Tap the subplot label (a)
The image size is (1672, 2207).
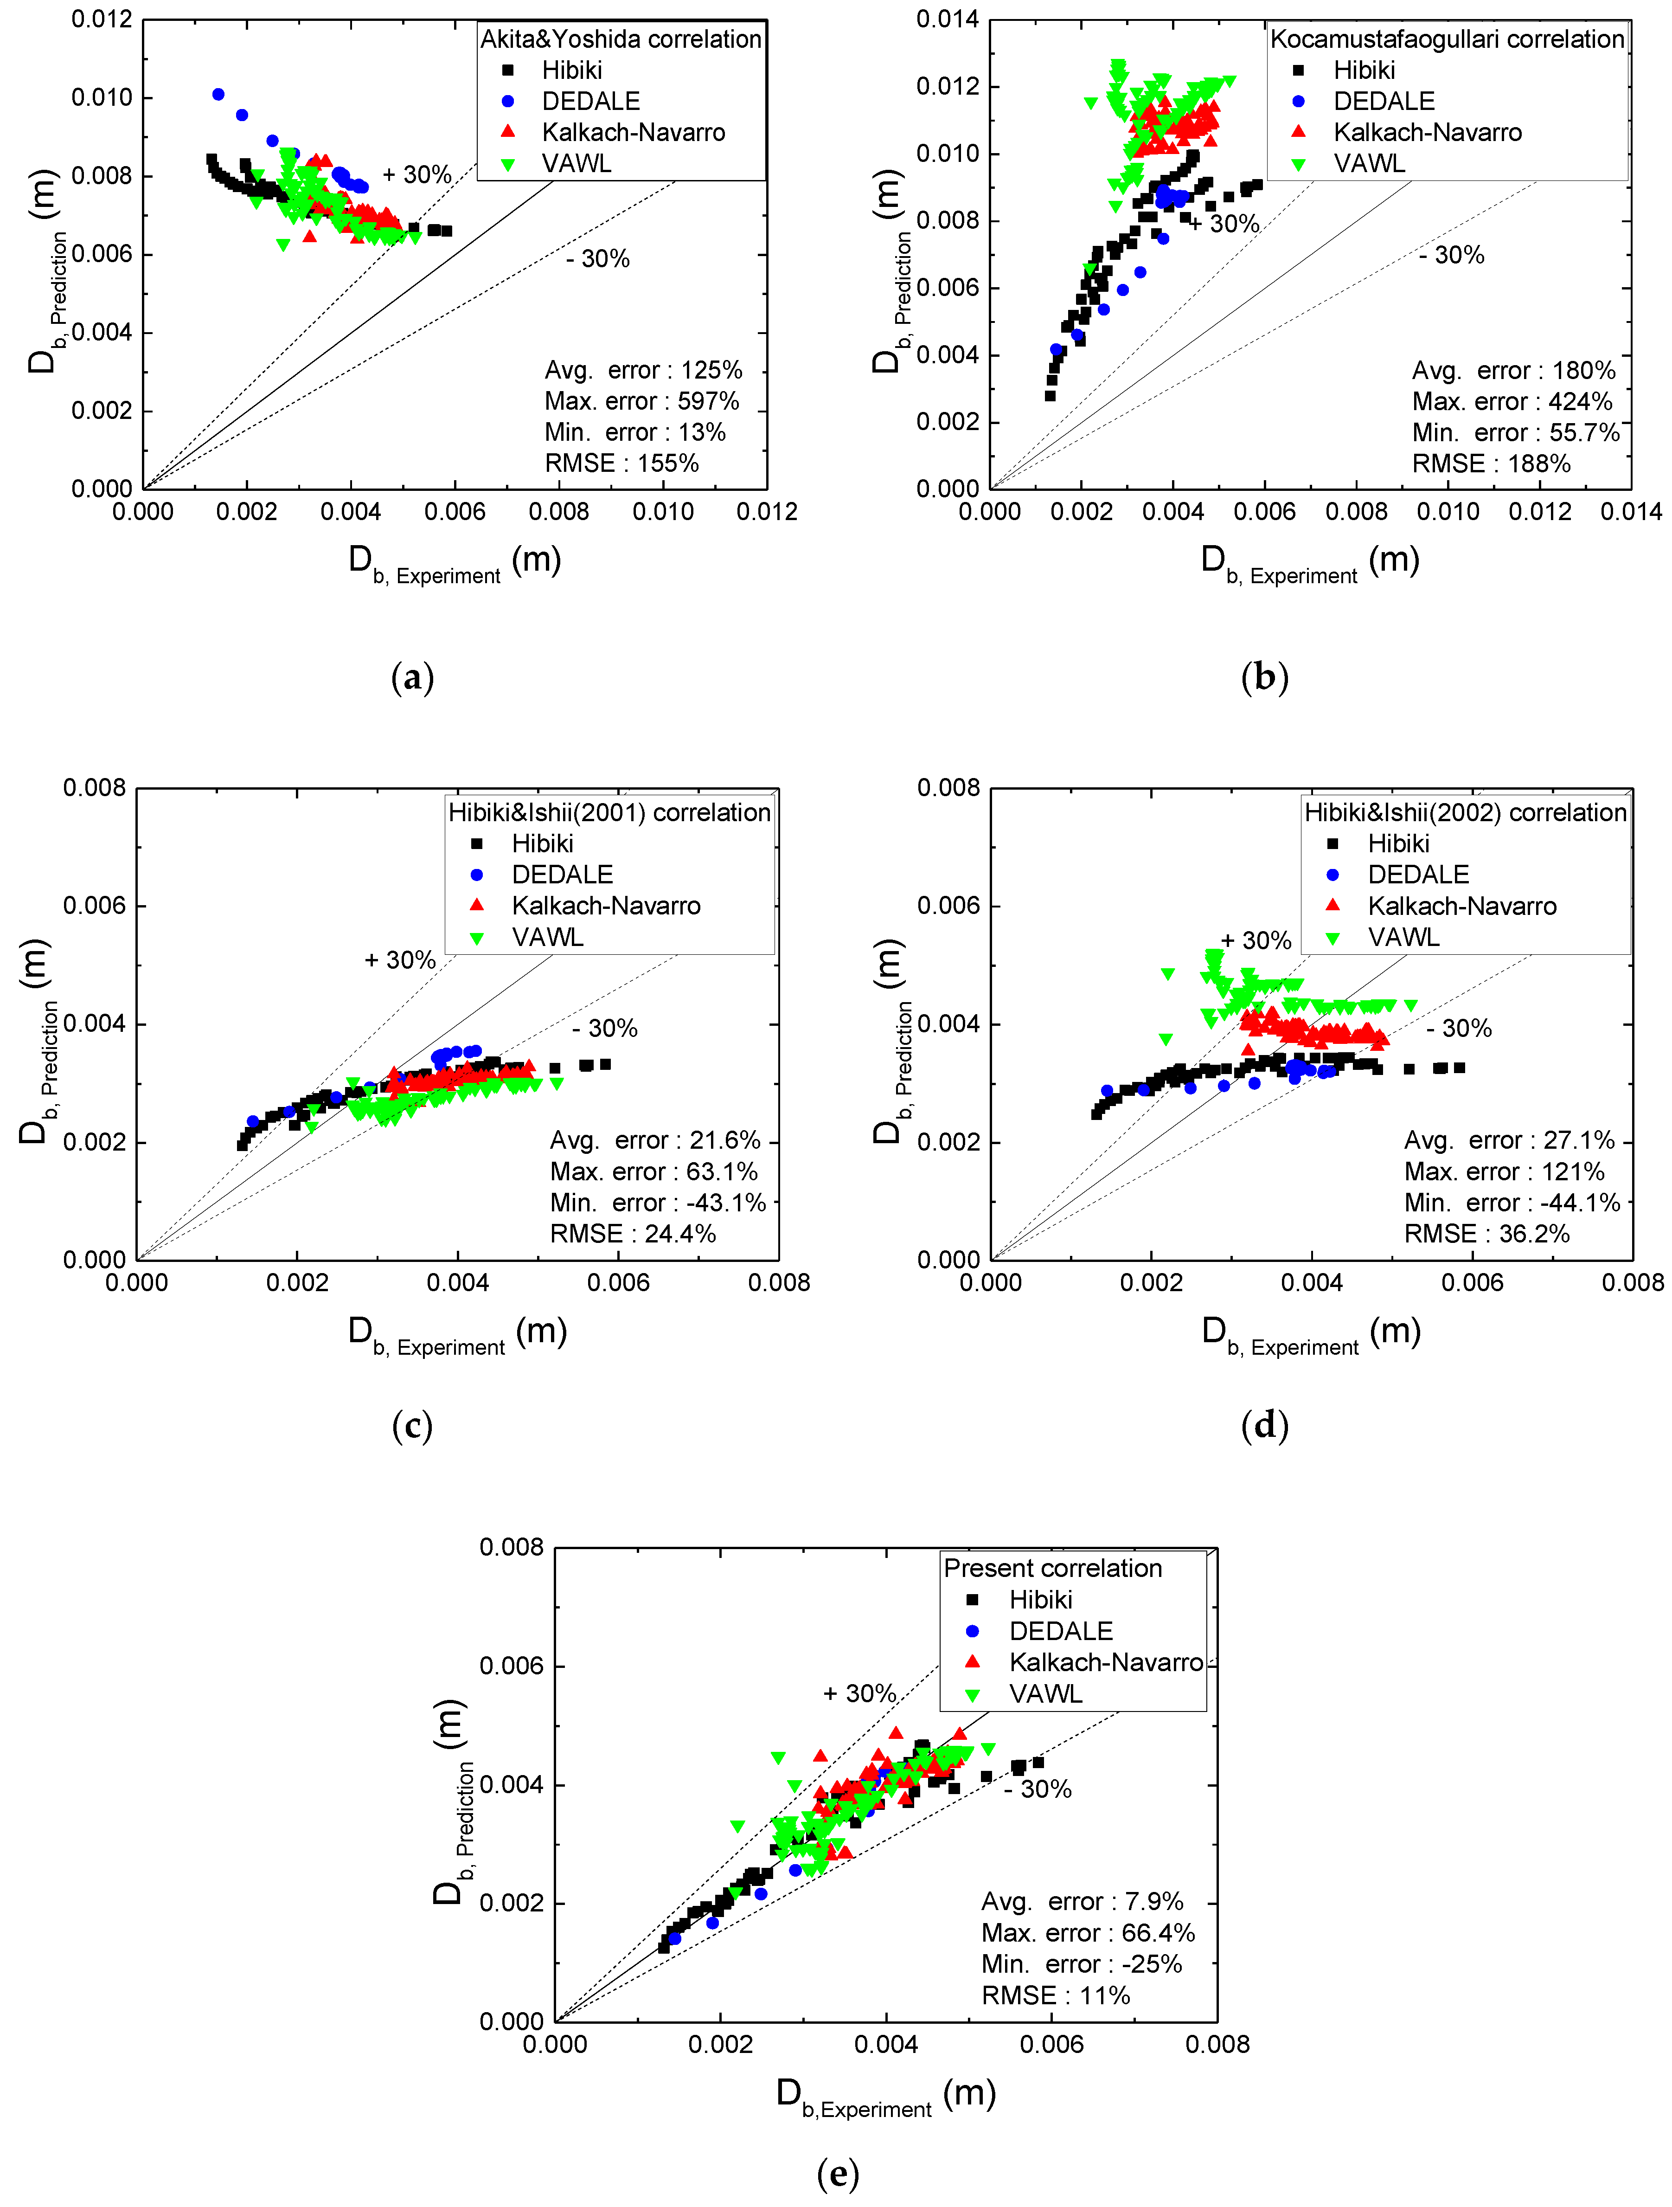point(412,677)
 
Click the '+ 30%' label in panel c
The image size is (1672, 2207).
point(399,960)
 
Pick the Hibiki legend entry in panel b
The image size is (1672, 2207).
point(1364,70)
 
